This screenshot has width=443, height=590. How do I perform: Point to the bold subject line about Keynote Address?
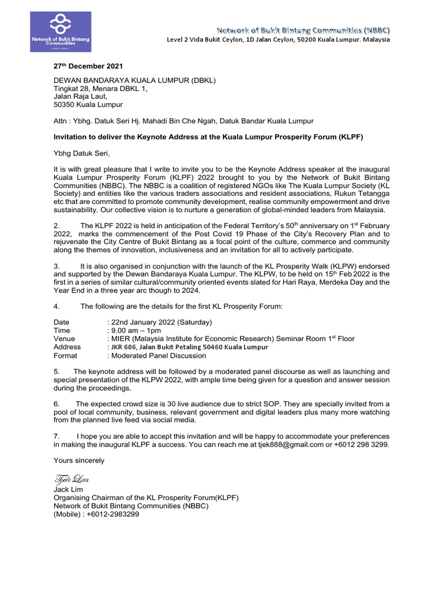pyautogui.click(x=208, y=137)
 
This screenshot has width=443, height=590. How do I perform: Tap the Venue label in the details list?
pyautogui.click(x=65, y=339)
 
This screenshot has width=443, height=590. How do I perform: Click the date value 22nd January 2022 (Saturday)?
pyautogui.click(x=161, y=322)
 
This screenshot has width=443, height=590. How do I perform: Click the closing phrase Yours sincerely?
pyautogui.click(x=79, y=460)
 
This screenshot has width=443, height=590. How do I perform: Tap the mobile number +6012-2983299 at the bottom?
pyautogui.click(x=118, y=514)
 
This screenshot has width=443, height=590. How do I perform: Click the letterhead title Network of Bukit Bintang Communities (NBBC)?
pyautogui.click(x=295, y=29)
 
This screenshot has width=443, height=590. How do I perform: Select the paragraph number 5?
pyautogui.click(x=56, y=372)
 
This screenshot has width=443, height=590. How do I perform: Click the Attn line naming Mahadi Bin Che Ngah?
pyautogui.click(x=183, y=121)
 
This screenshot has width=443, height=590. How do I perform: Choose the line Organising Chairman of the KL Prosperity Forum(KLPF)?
pyautogui.click(x=146, y=497)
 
